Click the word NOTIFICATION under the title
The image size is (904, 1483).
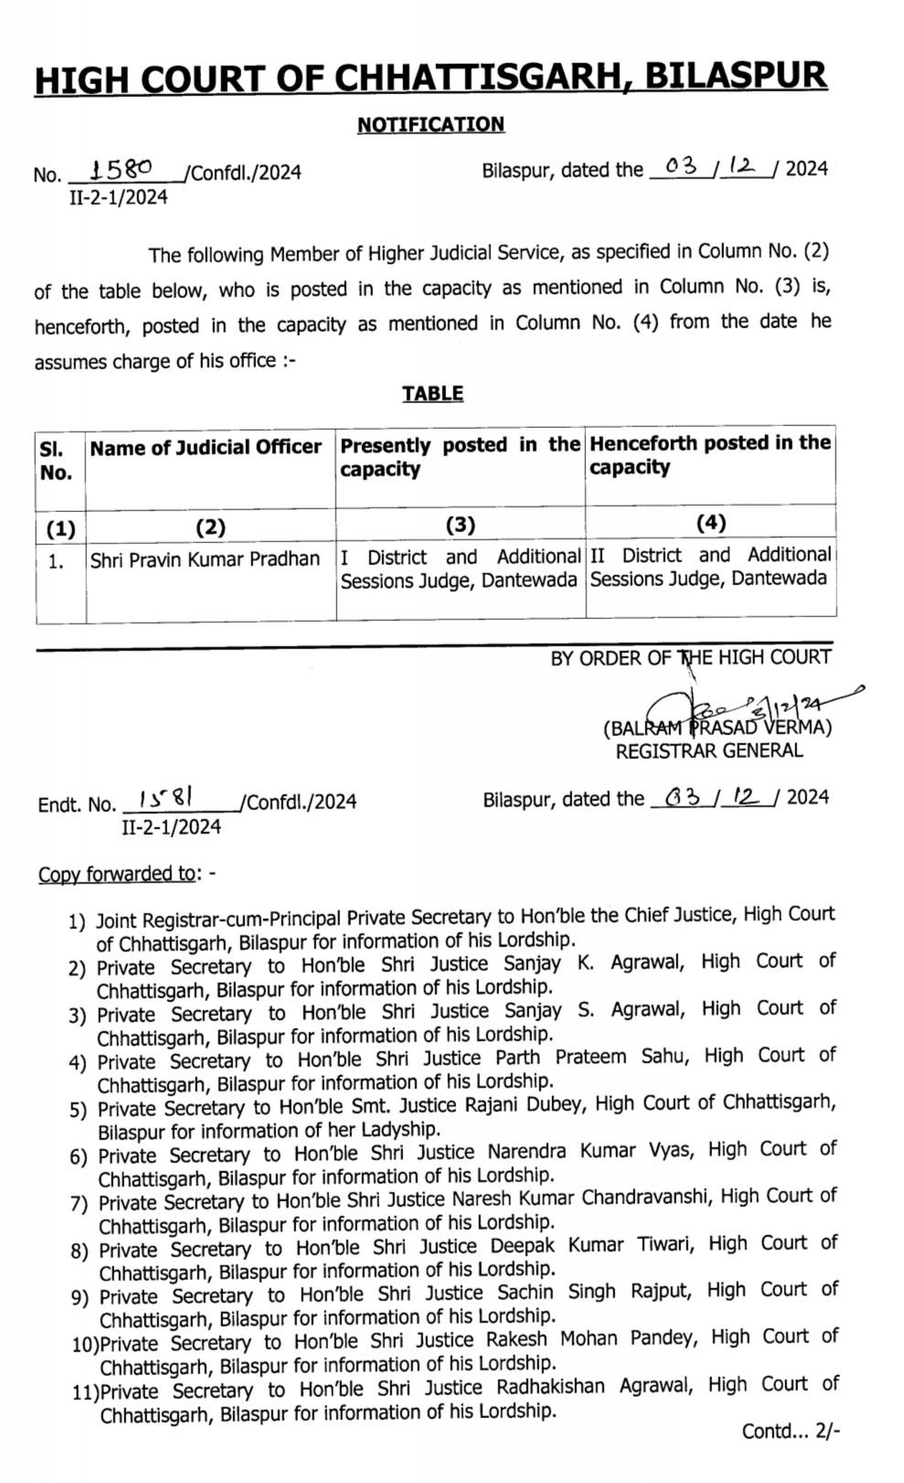pos(431,124)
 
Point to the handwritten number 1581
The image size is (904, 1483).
pos(165,798)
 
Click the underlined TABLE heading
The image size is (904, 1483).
pos(432,394)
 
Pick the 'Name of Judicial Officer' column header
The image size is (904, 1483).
pos(206,448)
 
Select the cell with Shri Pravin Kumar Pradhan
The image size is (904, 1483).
pos(205,560)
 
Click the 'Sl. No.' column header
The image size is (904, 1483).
pos(56,461)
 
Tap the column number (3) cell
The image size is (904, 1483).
pos(460,525)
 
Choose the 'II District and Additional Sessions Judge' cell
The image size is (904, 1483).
pos(710,567)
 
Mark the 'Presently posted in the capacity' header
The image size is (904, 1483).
pos(460,457)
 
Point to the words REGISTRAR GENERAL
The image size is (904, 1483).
pos(709,752)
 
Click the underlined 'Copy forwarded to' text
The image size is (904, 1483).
pos(117,874)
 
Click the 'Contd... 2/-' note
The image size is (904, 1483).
pos(789,1432)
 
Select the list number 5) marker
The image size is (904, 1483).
pos(78,1110)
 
